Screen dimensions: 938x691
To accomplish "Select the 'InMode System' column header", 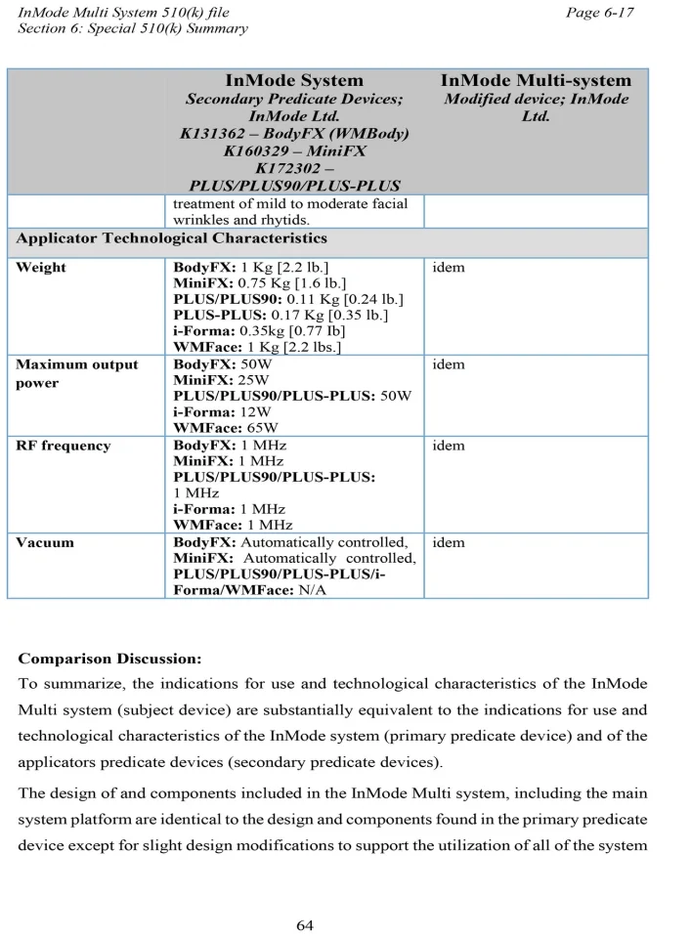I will click(x=294, y=80).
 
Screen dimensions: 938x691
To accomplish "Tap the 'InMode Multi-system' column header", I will click(x=536, y=80).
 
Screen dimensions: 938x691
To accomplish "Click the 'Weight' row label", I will click(x=41, y=267).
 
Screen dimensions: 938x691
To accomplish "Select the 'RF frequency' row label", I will click(x=64, y=446).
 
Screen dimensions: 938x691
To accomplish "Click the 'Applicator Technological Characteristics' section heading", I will click(x=172, y=238).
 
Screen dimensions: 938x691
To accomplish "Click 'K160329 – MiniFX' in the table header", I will click(x=294, y=150).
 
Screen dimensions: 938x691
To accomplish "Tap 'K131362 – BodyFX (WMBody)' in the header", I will click(x=294, y=133).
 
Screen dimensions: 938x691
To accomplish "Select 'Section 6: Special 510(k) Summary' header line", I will click(x=133, y=28).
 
